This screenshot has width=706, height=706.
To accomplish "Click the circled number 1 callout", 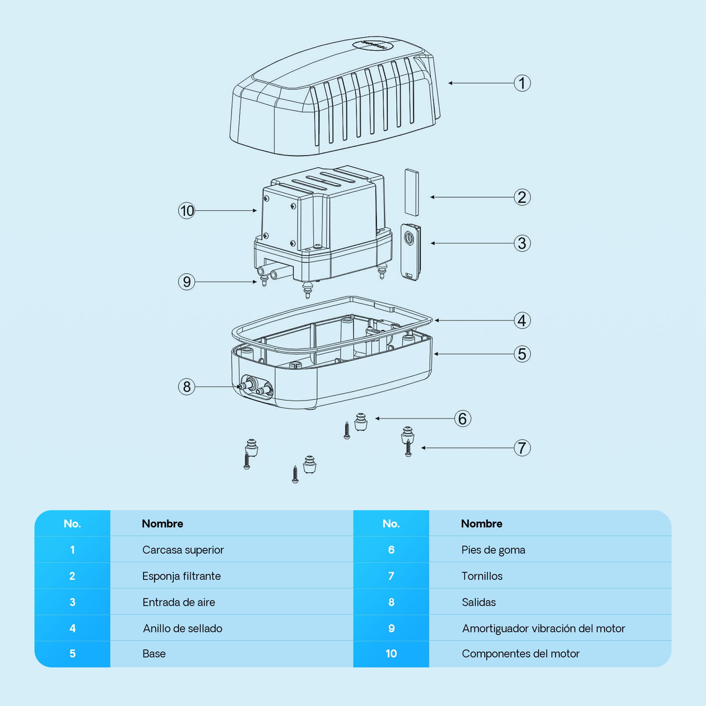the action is (522, 83).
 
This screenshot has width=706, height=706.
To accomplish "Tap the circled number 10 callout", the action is (187, 211).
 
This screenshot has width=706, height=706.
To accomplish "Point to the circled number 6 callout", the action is (463, 418).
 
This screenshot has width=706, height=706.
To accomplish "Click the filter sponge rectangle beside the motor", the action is (412, 192).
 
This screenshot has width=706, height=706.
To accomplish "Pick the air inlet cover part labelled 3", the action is (410, 252).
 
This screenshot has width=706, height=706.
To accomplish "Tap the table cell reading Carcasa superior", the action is (183, 549).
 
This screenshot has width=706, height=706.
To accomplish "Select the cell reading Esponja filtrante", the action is (182, 576).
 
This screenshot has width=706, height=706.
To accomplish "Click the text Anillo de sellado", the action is (183, 628).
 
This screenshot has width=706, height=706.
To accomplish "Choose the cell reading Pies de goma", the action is (493, 549).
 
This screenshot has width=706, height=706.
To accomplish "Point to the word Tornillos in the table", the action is (482, 576).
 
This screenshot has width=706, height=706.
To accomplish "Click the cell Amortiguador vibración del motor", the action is (544, 628).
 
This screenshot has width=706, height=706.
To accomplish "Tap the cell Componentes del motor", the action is (521, 653).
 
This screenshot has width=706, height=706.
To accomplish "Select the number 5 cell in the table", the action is (72, 653).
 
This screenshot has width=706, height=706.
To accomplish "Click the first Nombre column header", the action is (163, 523).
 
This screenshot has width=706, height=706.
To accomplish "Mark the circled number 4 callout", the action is (522, 321).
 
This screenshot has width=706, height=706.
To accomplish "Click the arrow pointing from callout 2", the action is (472, 197).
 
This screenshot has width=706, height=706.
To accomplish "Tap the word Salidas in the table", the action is (479, 602).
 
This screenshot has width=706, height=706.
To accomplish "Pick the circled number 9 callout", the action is (187, 282).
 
